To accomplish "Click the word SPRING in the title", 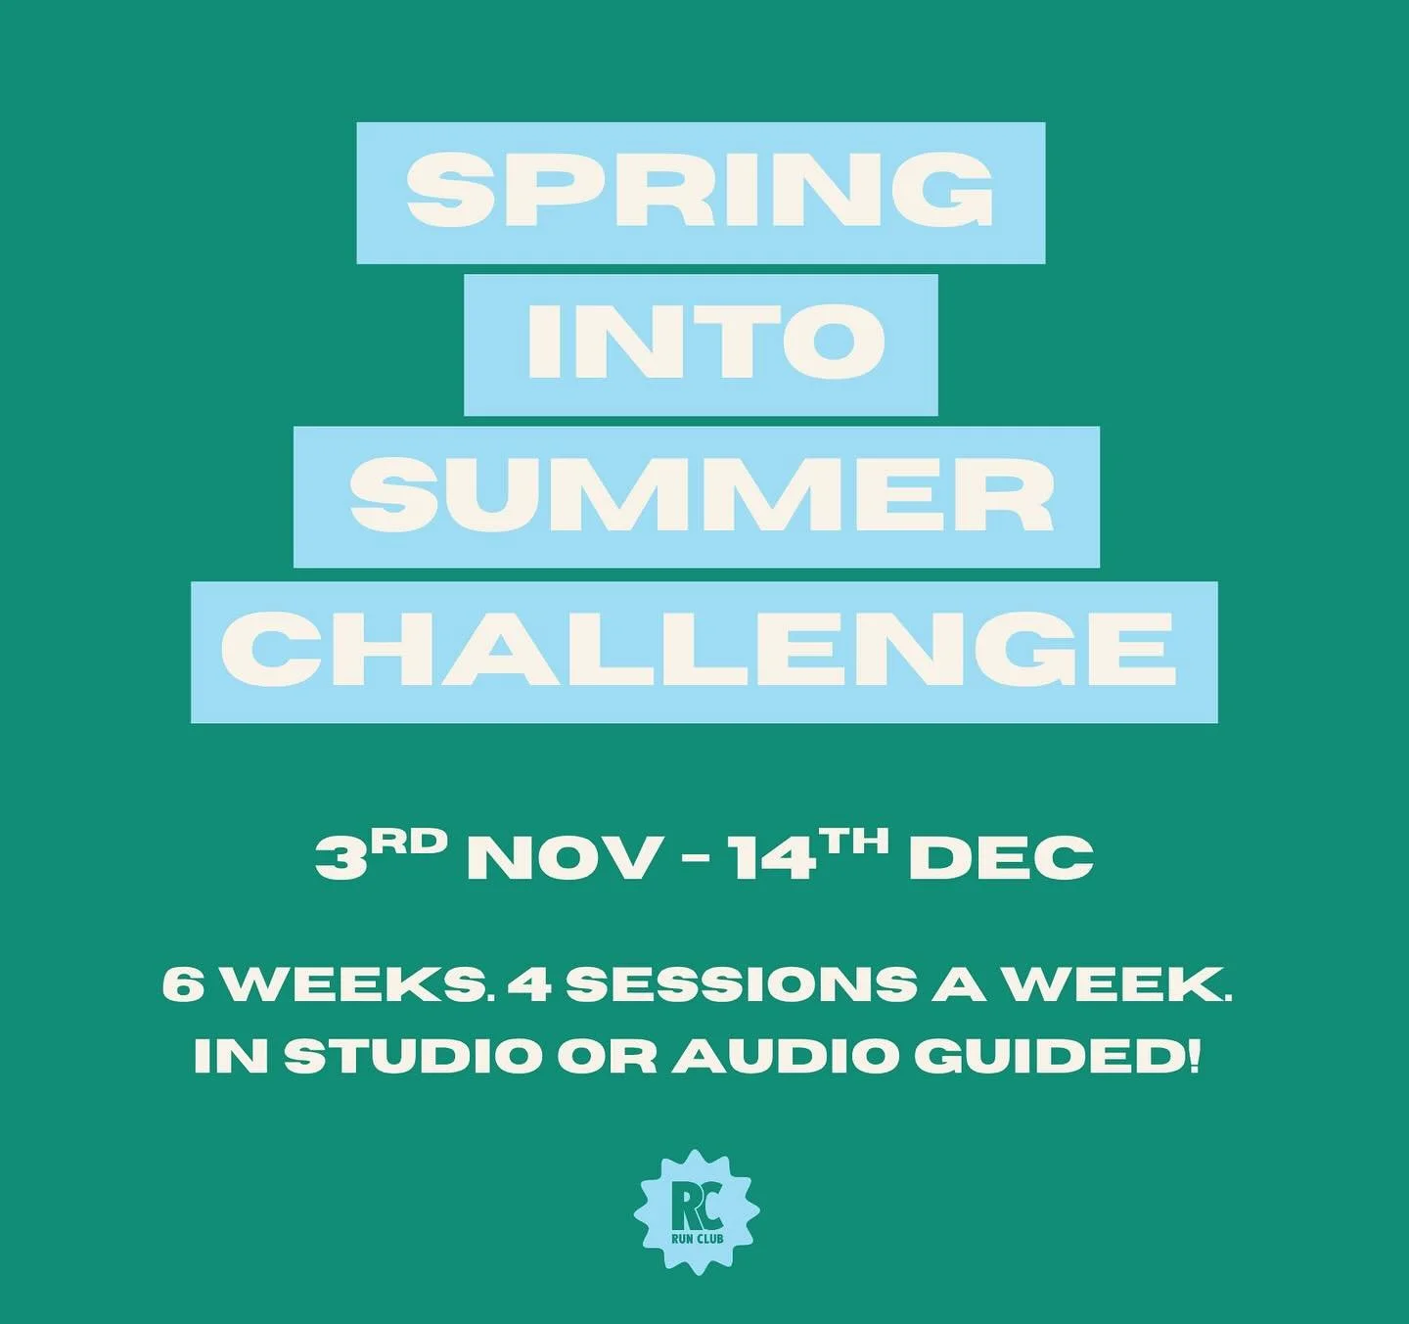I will point(701,192).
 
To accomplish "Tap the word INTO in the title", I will point(701,343).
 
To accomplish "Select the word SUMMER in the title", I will point(701,497).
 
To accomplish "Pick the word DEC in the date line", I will point(1001,858).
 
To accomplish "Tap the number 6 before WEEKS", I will point(179,985).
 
